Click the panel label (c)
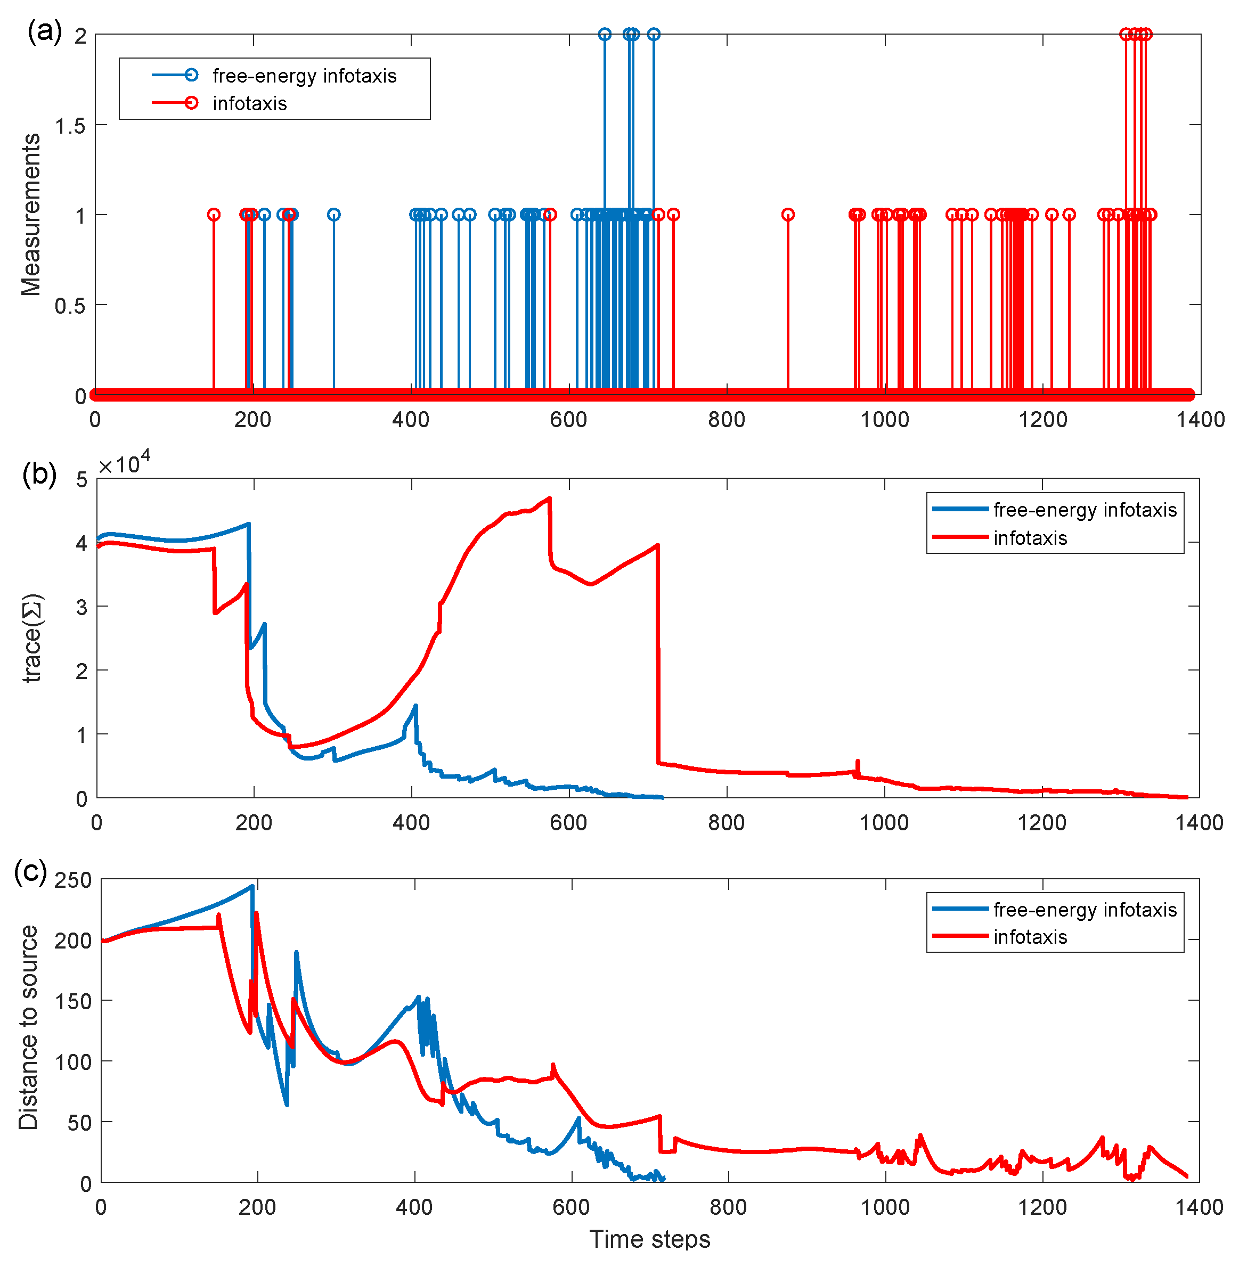(x=30, y=871)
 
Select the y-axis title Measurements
(x=30, y=215)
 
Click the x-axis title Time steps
(x=649, y=1239)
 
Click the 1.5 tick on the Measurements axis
(x=70, y=126)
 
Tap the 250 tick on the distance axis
(x=73, y=880)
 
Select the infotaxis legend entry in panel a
(x=219, y=103)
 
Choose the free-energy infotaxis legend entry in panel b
(x=1054, y=510)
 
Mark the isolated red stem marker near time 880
(x=788, y=215)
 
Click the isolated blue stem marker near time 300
(x=334, y=215)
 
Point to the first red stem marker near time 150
(x=214, y=215)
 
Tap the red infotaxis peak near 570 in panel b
(x=550, y=498)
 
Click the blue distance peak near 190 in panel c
(x=252, y=886)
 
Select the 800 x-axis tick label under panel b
(x=726, y=823)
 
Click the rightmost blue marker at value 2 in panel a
(x=654, y=35)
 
